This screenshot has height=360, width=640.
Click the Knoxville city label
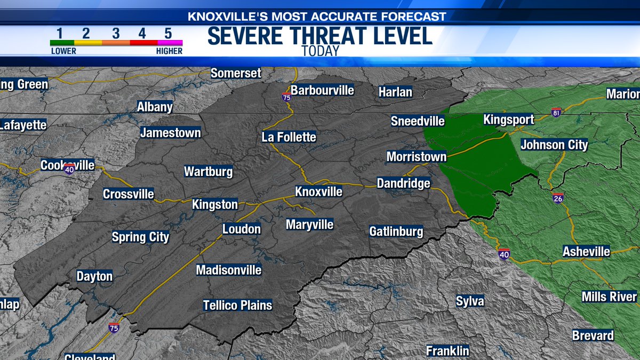319,191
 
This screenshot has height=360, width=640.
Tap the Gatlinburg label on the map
396,231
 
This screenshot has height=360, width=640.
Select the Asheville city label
587,251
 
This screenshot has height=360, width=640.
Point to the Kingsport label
508,119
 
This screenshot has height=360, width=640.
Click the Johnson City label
554,145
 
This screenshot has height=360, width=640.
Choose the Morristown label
417,157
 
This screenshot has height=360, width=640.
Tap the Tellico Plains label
238,305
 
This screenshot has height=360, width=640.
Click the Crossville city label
129,194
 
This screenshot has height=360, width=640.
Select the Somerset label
236,73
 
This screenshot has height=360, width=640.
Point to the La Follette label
289,137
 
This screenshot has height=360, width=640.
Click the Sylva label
470,301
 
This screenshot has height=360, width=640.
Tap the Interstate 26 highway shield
558,198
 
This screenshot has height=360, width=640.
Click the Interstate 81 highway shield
556,113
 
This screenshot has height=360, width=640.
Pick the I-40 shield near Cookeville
69,169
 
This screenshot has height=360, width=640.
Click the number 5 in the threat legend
167,33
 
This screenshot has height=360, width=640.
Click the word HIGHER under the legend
169,51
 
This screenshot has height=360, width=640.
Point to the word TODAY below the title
320,51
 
